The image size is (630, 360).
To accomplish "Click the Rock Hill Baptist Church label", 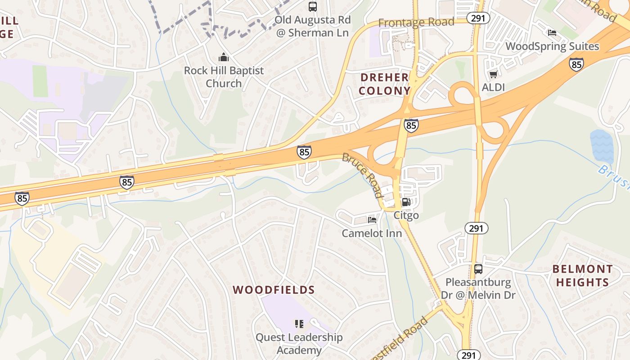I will pos(224,77).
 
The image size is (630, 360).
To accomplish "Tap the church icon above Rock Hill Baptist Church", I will pos(223,58).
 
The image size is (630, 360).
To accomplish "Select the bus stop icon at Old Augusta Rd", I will pos(312,7).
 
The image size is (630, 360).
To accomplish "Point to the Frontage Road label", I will pos(416,22).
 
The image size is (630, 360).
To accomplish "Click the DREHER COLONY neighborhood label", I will pos(385,84).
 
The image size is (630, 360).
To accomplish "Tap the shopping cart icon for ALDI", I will pos(493,74).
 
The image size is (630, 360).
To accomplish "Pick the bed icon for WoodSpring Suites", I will pos(552,32).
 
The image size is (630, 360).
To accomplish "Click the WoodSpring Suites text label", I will pos(552,46).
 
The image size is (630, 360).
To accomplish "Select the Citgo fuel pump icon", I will pos(406,202).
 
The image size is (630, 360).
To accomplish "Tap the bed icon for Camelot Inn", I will pos(372,220).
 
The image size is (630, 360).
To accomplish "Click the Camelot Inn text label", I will pos(372,233).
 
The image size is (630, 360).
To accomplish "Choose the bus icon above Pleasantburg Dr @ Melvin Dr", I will pos(478,269).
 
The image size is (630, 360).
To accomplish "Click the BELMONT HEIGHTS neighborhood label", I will pos(582,276).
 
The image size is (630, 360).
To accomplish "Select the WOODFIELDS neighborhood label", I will pos(274,290).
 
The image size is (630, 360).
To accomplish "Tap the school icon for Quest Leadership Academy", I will pos(299,324).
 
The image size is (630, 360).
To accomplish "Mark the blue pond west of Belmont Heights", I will pos(602,146).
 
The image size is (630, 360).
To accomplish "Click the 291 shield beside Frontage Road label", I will pos(478,18).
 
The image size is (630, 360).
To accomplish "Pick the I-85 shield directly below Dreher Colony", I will pos(411,126).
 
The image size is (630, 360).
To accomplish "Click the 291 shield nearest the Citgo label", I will pos(476,228).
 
